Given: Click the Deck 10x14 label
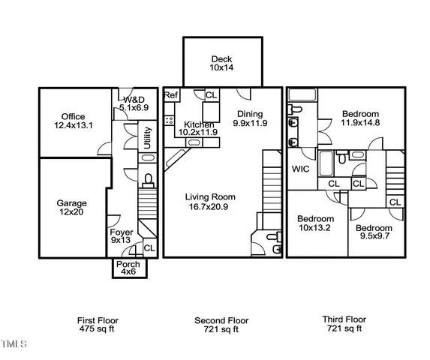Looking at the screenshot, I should point(221,63).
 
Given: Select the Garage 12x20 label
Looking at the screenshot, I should point(72,207).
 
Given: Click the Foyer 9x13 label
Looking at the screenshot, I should point(122,236).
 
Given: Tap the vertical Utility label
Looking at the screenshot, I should point(148,138).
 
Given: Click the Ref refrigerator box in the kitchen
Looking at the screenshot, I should point(171,95).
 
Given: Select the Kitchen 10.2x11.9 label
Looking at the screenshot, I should point(197,127).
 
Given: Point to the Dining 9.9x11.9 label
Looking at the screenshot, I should point(250,118).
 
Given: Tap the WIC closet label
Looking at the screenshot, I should point(301,169).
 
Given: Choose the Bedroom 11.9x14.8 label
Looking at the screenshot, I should point(360,118).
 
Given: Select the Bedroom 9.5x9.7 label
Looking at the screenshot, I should point(374,232).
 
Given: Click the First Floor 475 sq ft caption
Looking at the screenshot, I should point(98,324).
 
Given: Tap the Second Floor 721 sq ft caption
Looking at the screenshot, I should point(221,324).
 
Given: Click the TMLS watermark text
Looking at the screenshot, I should point(13,346).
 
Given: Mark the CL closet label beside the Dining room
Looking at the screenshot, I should point(211,95).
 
